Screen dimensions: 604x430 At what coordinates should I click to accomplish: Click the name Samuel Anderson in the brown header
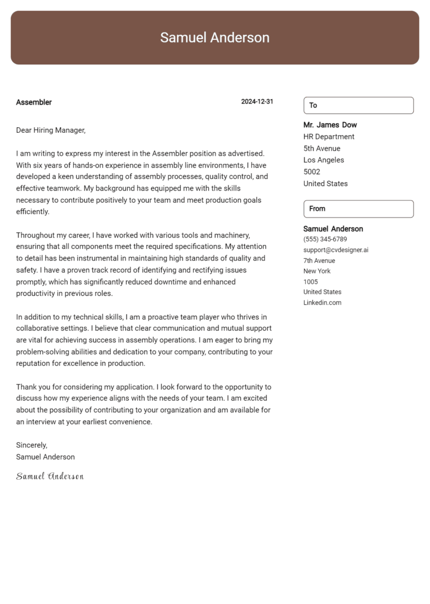pos(214,38)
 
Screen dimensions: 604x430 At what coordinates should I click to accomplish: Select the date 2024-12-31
pos(257,102)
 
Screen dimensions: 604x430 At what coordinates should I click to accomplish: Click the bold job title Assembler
pos(34,103)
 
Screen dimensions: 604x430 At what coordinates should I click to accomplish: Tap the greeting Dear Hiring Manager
pos(50,130)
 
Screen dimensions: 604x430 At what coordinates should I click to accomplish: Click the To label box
pos(358,105)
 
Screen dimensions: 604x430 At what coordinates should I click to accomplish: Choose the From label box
pos(358,208)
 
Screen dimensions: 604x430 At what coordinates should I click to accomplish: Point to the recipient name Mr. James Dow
pos(330,125)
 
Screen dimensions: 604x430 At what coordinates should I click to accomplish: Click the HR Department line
pos(329,137)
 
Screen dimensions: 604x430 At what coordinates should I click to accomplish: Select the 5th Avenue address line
pos(321,148)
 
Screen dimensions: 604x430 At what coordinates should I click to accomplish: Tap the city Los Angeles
pos(324,160)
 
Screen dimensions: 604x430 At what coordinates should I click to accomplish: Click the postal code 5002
pos(312,172)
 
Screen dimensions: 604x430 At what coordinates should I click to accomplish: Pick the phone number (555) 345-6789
pos(325,239)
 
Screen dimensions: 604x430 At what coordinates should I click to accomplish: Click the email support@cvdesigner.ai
pos(335,250)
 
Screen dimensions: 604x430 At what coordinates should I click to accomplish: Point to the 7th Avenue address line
pos(319,261)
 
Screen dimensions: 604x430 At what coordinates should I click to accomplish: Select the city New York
pos(317,271)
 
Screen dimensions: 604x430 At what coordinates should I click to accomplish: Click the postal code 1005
pos(310,282)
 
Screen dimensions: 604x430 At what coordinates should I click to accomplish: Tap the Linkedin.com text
pos(322,303)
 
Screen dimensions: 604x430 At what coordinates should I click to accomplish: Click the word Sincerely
pos(31,445)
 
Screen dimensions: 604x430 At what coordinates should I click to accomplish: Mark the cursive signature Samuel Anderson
pos(50,476)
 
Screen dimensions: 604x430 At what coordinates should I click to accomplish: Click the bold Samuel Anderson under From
pos(333,229)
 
